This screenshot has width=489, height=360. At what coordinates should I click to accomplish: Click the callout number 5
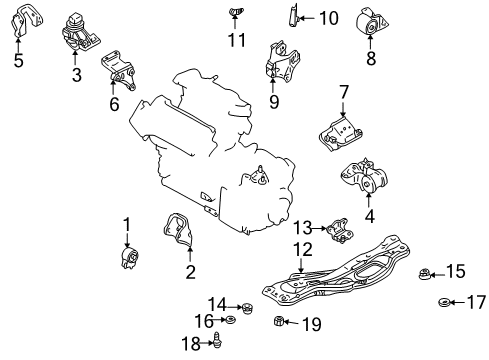[19, 60]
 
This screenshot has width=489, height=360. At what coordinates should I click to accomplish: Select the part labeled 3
[80, 33]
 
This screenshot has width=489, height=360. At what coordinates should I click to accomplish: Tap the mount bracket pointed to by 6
[118, 70]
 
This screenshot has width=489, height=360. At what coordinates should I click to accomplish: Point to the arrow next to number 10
[306, 18]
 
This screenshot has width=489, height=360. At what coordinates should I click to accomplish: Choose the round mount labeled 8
[372, 22]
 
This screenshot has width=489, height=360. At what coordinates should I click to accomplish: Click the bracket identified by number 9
[281, 62]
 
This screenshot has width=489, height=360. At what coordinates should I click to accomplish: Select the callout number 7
[344, 93]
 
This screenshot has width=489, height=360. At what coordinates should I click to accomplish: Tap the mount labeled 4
[364, 176]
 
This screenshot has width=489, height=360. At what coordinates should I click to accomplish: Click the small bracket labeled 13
[340, 231]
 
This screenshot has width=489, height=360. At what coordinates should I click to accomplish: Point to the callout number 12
[303, 250]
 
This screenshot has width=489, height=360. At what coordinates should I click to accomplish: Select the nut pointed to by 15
[424, 274]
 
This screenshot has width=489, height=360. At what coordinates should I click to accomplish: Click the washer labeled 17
[444, 302]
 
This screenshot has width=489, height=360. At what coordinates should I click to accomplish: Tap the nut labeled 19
[279, 321]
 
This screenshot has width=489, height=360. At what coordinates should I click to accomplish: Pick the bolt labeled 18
[217, 340]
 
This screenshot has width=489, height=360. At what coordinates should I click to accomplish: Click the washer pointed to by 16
[230, 320]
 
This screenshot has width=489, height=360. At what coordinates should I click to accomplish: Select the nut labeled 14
[247, 308]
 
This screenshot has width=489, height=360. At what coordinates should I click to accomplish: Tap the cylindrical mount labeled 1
[130, 258]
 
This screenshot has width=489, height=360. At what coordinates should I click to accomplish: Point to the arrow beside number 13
[320, 228]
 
